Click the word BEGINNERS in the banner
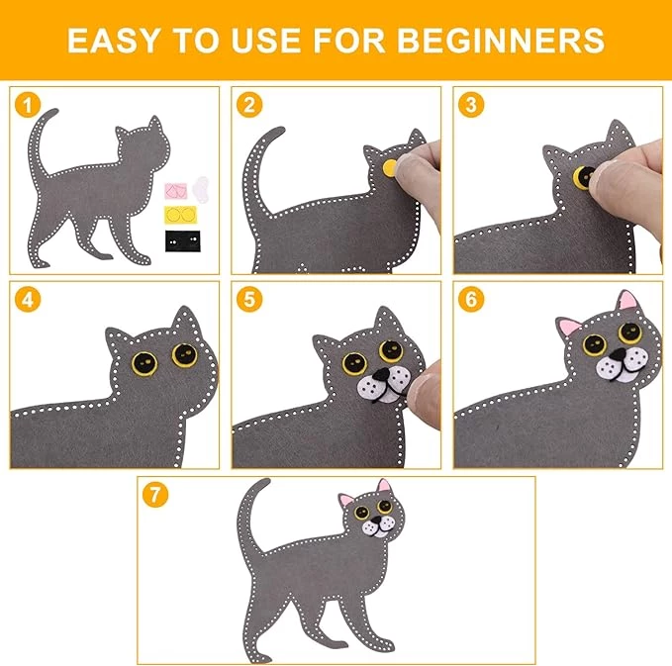(501, 41)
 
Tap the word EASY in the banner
(113, 41)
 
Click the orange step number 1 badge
(28, 105)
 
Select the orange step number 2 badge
(249, 105)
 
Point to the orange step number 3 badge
(471, 105)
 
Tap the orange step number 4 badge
(28, 299)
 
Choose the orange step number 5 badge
(249, 299)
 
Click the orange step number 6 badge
(471, 299)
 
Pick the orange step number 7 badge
(155, 495)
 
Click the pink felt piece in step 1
(176, 191)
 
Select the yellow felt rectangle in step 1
(181, 215)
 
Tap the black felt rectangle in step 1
(182, 241)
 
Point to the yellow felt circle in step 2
(390, 167)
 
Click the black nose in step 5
(381, 375)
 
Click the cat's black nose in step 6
(618, 354)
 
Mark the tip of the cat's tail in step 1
(54, 111)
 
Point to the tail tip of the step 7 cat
(267, 481)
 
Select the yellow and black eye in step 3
(583, 176)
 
